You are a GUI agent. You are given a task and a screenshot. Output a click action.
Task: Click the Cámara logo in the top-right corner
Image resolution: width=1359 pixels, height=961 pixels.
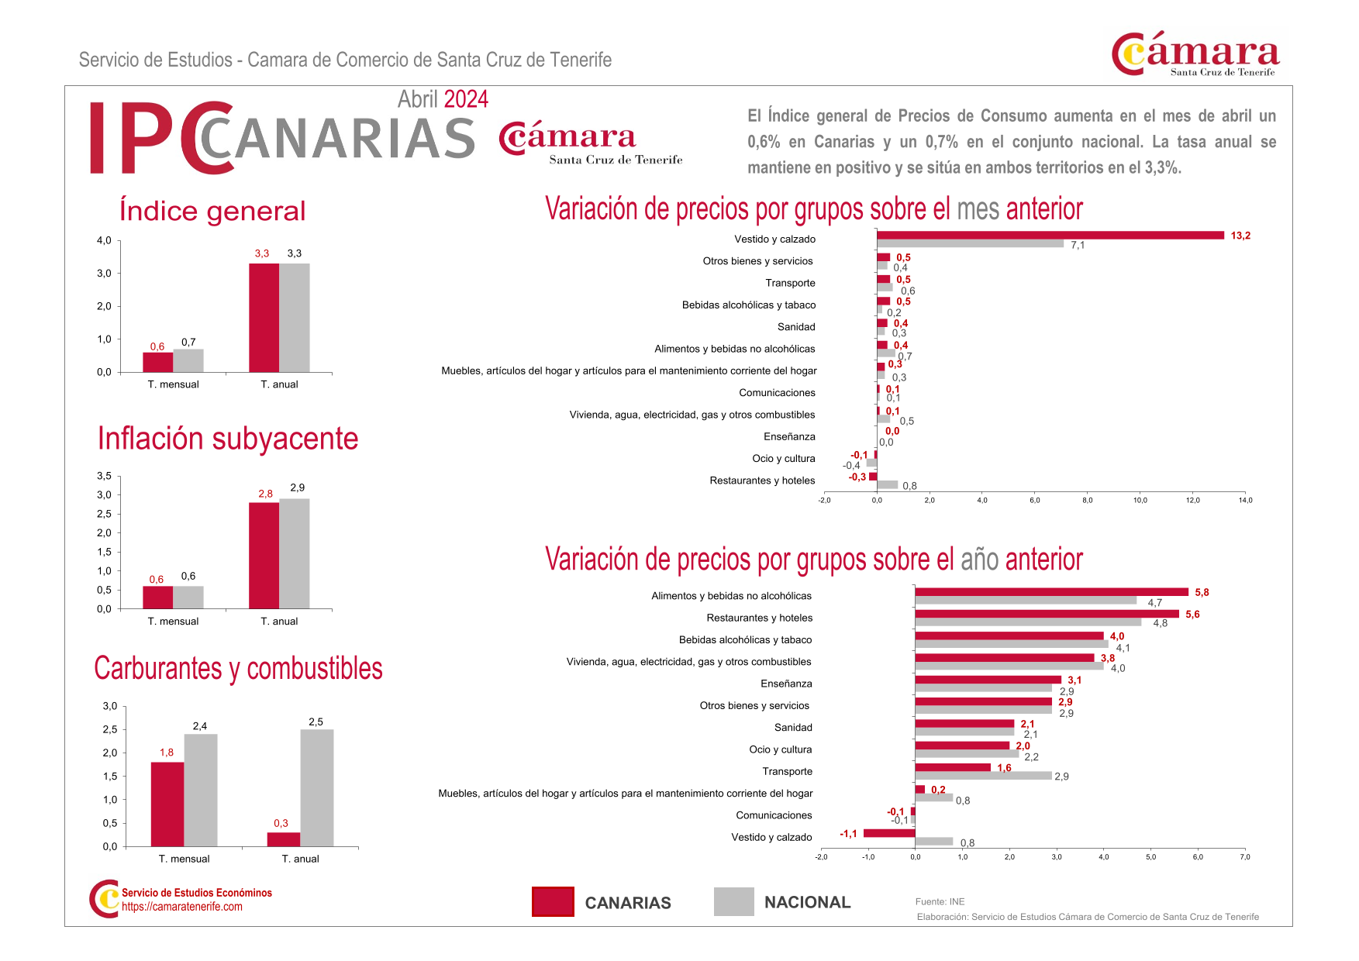1195,53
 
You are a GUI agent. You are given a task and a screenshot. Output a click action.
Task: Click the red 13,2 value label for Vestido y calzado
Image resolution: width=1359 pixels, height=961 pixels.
1240,236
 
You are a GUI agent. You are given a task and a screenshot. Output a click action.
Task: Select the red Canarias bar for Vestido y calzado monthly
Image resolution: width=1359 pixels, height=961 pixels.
1050,235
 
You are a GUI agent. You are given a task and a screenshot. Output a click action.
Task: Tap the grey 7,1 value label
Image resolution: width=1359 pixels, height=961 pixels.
1078,246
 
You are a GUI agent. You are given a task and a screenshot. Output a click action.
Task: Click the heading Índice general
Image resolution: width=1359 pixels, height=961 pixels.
212,211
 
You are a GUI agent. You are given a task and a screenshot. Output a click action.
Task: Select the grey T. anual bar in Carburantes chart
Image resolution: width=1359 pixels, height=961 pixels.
316,787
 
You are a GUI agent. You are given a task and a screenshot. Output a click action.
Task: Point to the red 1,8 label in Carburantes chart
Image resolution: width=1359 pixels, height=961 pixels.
167,753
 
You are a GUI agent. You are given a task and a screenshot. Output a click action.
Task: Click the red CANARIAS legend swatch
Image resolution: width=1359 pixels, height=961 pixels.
553,901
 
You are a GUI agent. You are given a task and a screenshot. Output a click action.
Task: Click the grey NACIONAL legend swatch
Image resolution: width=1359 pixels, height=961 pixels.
733,901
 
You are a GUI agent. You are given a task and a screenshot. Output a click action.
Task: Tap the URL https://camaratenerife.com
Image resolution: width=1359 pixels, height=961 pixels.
182,907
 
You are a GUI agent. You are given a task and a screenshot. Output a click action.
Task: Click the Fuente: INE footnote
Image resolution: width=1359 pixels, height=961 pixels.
940,901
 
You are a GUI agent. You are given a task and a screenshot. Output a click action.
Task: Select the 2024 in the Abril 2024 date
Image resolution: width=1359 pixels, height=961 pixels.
466,99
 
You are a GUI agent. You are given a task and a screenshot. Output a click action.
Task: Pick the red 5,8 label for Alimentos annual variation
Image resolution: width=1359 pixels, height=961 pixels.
1202,592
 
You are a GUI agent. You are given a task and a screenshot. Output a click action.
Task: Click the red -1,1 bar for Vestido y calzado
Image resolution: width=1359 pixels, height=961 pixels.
889,833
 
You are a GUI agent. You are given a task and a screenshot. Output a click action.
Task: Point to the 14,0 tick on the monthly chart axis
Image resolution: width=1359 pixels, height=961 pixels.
1245,501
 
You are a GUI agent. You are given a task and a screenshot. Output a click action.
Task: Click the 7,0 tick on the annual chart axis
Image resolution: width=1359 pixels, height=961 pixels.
1244,857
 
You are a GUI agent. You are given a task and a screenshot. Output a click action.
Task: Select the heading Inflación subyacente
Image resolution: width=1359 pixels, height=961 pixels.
228,439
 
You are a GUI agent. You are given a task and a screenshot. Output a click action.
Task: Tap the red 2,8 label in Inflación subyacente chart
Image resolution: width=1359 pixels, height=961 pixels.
265,494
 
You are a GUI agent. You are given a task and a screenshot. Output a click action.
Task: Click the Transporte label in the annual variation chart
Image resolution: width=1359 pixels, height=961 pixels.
787,771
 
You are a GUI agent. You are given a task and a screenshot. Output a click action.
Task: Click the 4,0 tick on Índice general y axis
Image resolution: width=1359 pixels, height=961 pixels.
104,240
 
